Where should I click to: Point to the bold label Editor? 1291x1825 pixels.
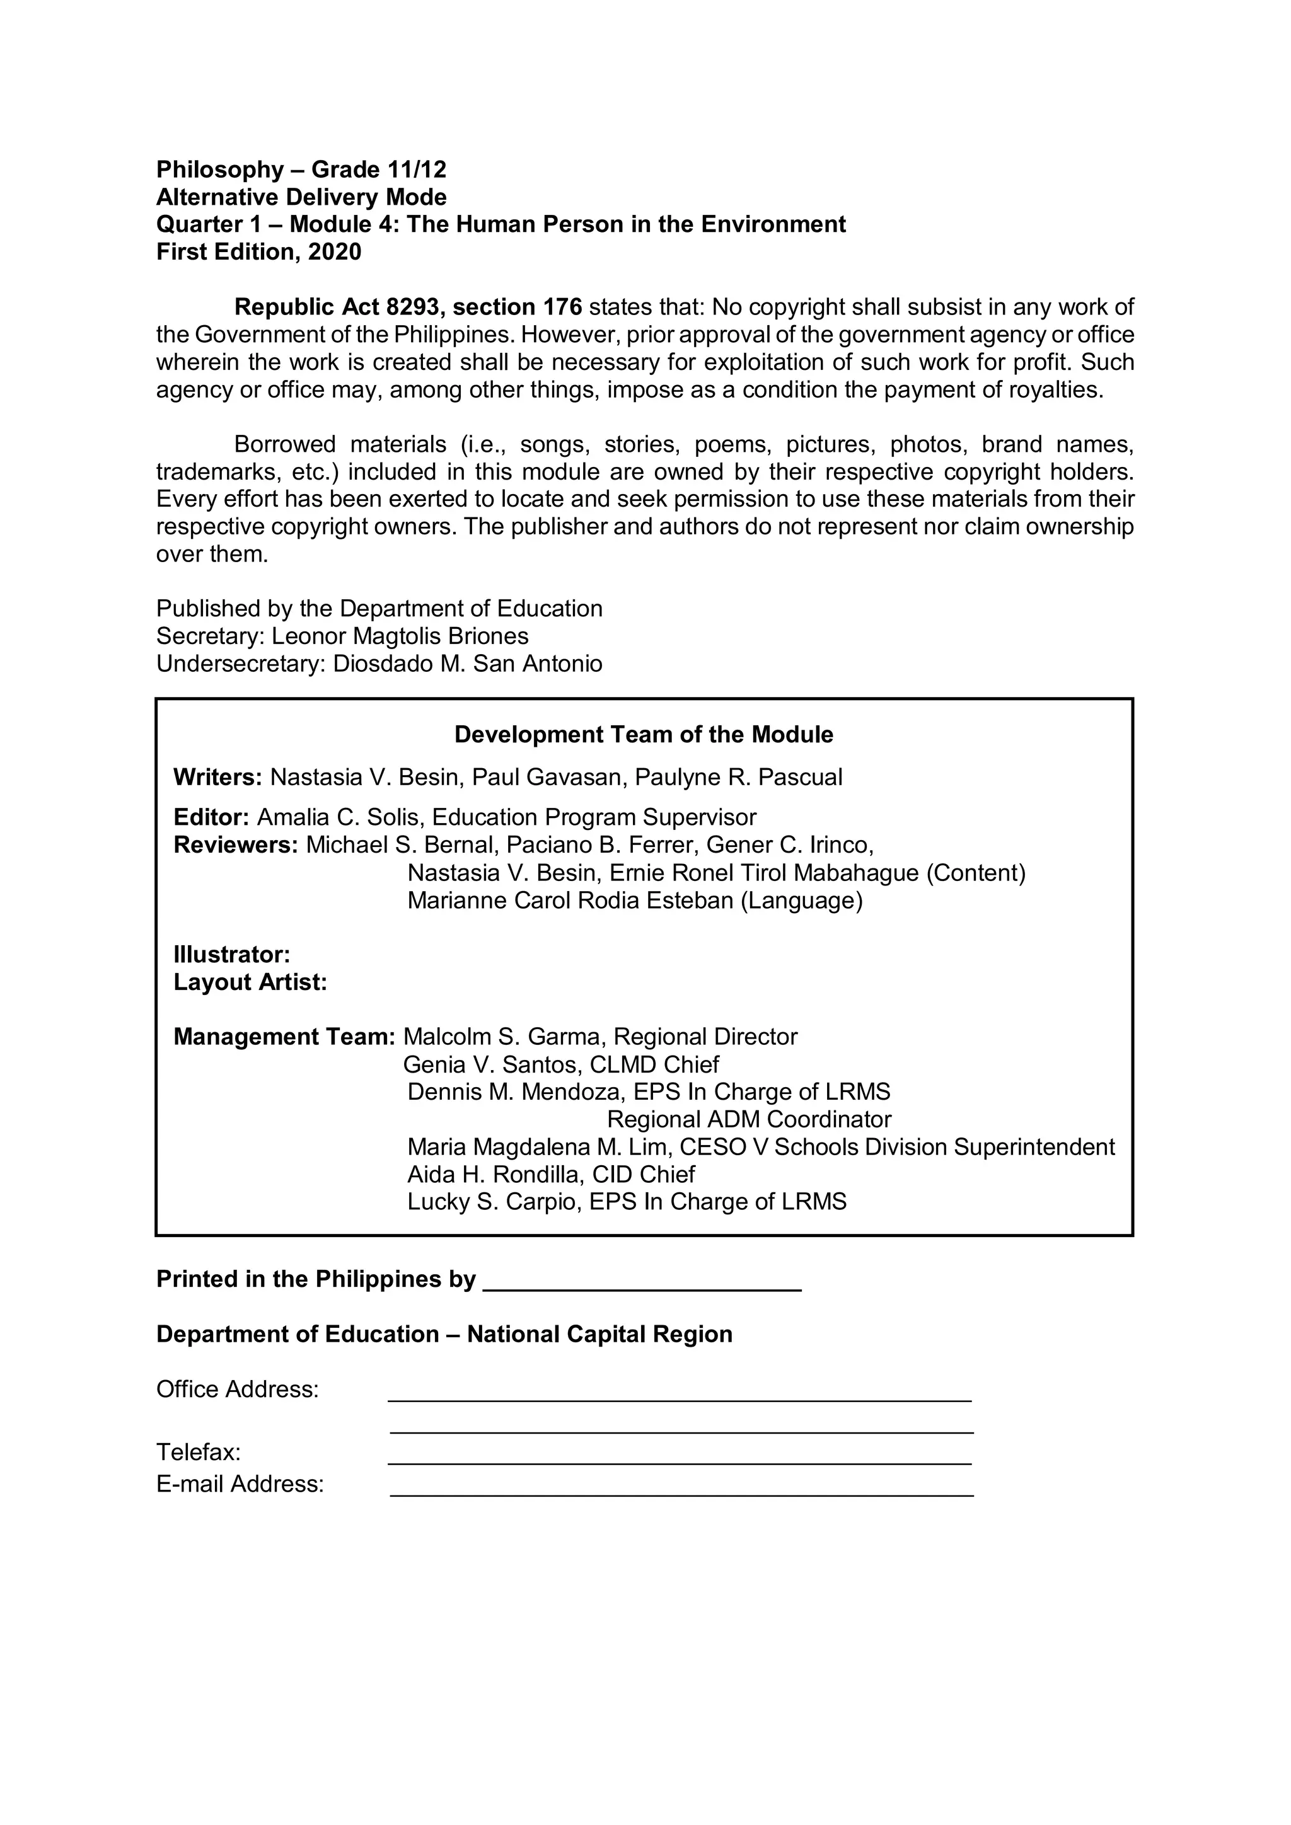click(211, 817)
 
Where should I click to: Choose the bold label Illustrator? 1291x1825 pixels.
click(231, 955)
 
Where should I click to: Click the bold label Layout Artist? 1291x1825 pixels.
click(250, 982)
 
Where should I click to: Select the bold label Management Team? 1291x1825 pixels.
click(284, 1037)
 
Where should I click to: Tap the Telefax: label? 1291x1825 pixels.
click(198, 1453)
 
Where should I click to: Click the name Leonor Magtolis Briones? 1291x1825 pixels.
click(400, 636)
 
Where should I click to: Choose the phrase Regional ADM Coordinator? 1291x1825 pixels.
click(749, 1120)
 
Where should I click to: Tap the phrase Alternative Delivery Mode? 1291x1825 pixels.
click(301, 197)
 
